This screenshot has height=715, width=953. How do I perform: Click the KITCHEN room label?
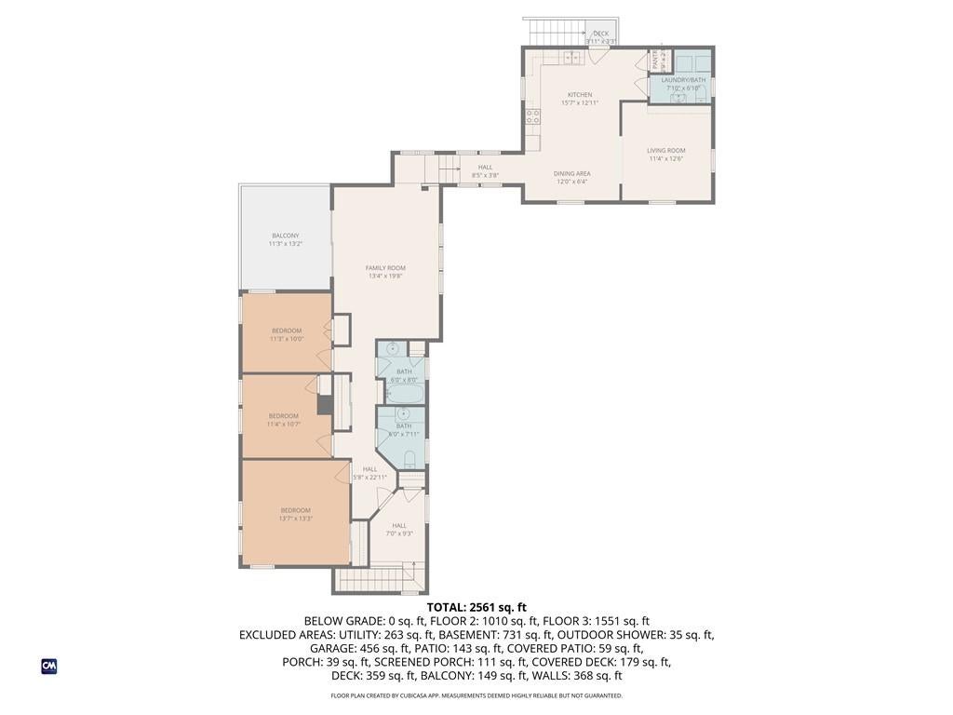[x=580, y=95]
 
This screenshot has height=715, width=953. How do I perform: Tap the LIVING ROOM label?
[x=666, y=151]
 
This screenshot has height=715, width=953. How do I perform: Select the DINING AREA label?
[x=572, y=173]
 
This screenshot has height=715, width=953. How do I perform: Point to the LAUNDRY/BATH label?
[x=683, y=80]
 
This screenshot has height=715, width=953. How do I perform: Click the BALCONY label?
[x=286, y=235]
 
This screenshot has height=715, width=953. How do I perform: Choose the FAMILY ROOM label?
[x=385, y=268]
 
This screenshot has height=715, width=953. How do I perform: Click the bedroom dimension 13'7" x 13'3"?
[x=296, y=519]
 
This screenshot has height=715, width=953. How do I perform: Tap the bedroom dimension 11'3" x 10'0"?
[x=287, y=339]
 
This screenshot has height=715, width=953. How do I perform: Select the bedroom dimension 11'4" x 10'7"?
[x=284, y=424]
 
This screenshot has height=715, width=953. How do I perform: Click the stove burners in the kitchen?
[x=533, y=116]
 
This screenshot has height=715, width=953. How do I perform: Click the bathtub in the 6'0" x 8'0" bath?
[x=404, y=395]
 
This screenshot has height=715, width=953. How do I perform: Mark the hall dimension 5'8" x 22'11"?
[x=369, y=477]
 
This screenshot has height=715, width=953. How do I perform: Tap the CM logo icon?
[x=49, y=666]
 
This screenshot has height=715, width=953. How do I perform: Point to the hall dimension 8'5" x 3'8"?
[x=485, y=175]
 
